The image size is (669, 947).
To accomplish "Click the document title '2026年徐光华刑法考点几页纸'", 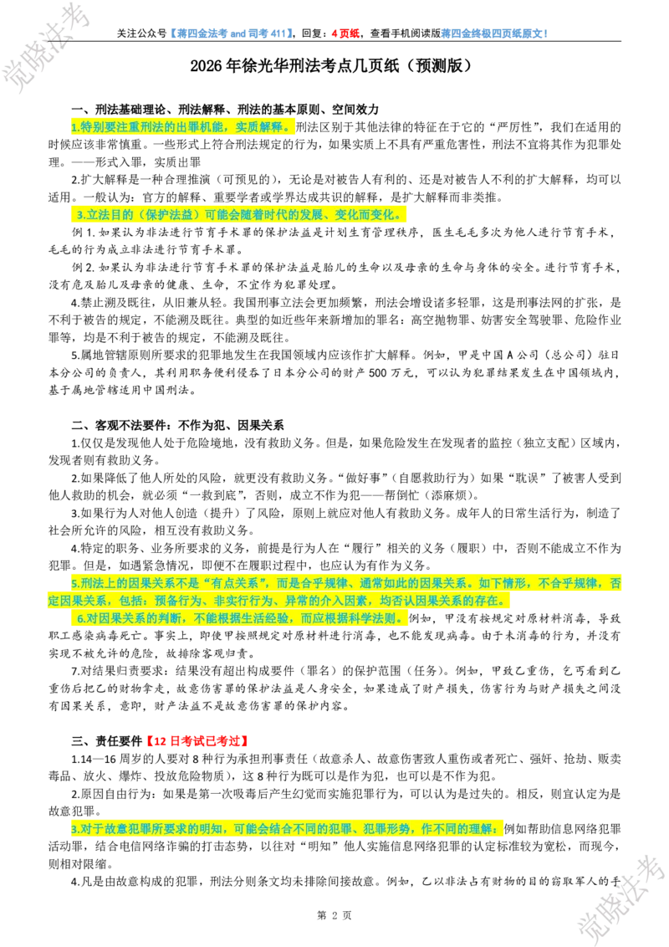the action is click(x=294, y=66).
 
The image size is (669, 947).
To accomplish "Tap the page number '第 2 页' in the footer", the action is click(x=334, y=915).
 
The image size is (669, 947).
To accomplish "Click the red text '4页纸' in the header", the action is click(x=345, y=33).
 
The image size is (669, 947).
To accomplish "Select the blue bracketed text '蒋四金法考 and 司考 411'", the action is click(x=232, y=33).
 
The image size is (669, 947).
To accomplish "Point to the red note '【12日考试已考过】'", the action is click(x=197, y=741).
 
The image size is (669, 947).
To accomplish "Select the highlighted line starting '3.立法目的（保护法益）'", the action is click(x=240, y=214).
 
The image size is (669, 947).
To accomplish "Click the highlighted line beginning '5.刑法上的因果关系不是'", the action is click(x=335, y=592).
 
